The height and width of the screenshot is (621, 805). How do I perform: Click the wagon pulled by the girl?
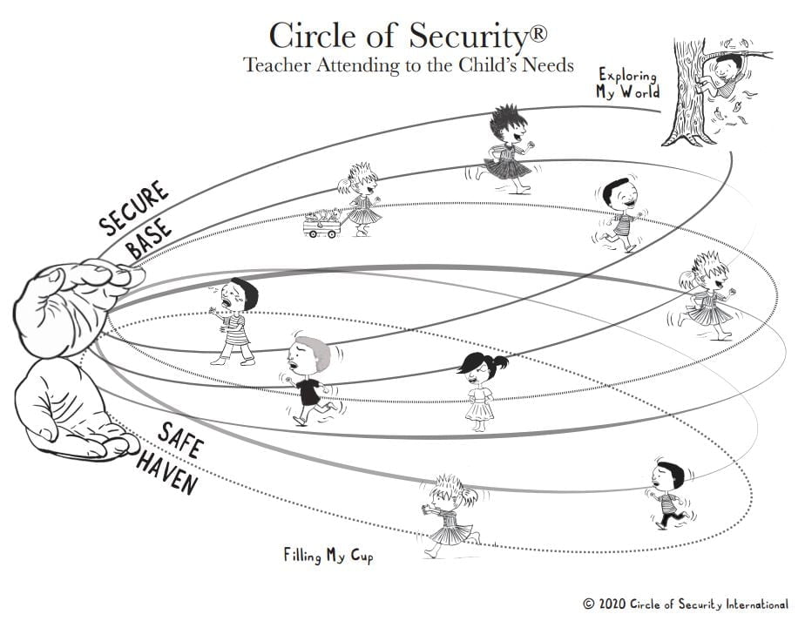pyautogui.click(x=322, y=225)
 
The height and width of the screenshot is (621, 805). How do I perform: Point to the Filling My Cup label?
pyautogui.click(x=328, y=555)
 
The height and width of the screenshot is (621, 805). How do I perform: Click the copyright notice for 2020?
pyautogui.click(x=686, y=603)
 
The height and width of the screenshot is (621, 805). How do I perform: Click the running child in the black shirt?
pyautogui.click(x=310, y=380)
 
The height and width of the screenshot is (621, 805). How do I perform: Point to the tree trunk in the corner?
pyautogui.click(x=685, y=96)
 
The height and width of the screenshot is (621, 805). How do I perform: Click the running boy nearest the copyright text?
pyautogui.click(x=669, y=493)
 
